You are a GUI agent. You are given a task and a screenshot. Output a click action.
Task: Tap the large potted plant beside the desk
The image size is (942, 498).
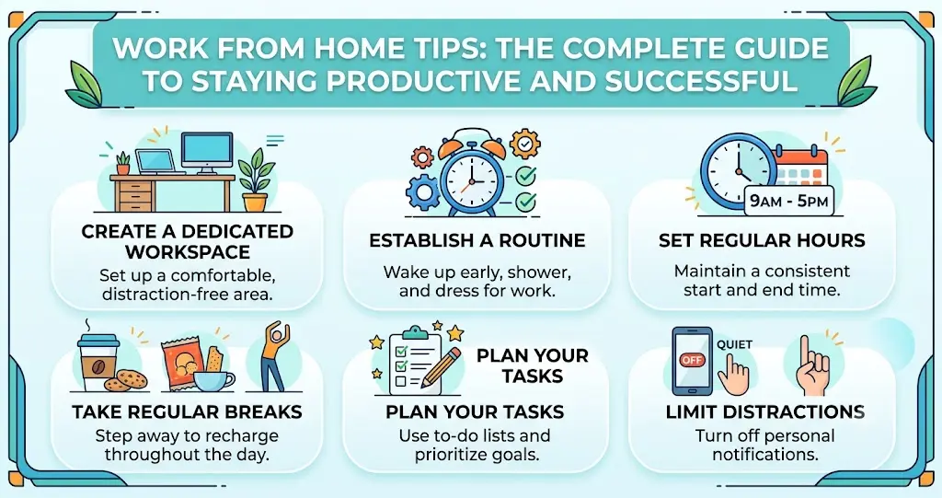(x=255, y=180)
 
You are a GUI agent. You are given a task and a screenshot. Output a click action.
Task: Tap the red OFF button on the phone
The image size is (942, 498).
(x=691, y=360)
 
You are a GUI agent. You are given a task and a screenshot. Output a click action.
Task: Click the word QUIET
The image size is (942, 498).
(x=735, y=344)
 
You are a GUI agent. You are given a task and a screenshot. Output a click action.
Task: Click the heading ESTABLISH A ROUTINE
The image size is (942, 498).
(x=477, y=240)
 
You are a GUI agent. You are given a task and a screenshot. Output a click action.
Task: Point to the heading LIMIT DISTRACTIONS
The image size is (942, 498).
(x=764, y=412)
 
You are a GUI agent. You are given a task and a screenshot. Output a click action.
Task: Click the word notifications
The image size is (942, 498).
(x=764, y=454)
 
